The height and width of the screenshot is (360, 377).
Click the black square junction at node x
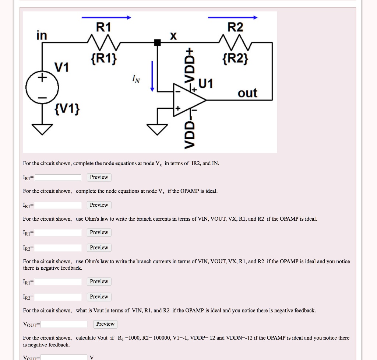pos(157,42)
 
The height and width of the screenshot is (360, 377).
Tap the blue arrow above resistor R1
pos(106,17)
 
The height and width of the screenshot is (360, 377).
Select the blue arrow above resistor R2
pos(233,17)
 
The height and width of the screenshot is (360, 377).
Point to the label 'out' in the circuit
pos(247,93)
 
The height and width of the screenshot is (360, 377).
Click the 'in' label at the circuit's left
pos(42,35)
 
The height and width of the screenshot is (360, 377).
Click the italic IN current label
pos(136,78)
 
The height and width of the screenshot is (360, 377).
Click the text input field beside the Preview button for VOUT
pos(64,324)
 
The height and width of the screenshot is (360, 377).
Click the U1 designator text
pos(206,84)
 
